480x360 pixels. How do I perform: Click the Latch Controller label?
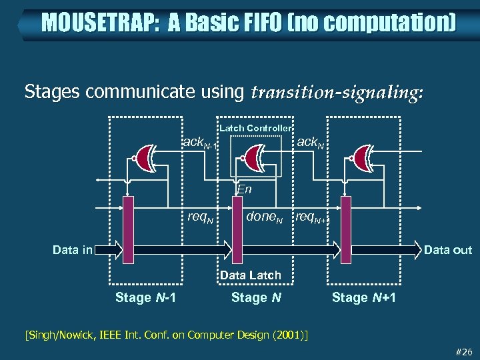click(x=255, y=128)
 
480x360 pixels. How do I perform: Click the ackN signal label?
click(x=311, y=143)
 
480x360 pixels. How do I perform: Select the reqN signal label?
click(x=200, y=217)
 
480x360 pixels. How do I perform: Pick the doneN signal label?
click(x=265, y=217)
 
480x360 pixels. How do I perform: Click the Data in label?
click(x=73, y=250)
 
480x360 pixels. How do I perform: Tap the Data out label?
click(x=447, y=250)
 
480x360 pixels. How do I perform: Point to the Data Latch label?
click(x=251, y=275)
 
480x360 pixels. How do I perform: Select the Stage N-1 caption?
click(x=146, y=297)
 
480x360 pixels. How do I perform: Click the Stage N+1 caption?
click(x=364, y=297)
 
